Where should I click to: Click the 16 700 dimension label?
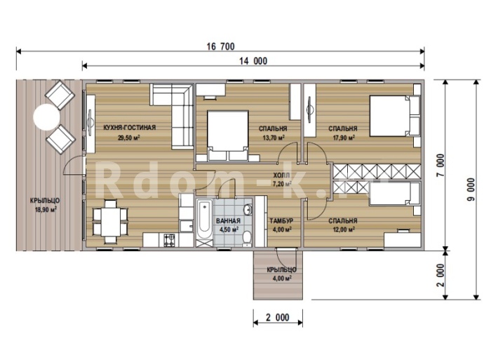click(220, 46)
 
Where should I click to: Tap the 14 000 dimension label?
click(253, 61)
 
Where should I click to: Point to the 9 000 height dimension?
click(471, 190)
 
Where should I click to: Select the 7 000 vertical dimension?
click(441, 165)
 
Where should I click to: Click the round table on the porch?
click(46, 117)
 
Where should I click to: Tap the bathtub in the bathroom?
click(204, 220)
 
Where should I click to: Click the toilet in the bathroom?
click(247, 238)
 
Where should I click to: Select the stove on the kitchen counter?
click(169, 240)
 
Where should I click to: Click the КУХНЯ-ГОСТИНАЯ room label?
click(129, 127)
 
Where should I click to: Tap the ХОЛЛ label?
click(281, 175)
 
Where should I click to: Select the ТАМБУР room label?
click(281, 221)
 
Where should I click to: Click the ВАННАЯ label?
click(228, 221)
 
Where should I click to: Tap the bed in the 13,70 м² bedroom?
click(228, 136)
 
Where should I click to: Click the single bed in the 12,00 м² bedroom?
click(394, 194)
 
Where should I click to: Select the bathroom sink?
click(248, 210)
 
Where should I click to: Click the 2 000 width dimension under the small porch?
click(278, 317)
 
